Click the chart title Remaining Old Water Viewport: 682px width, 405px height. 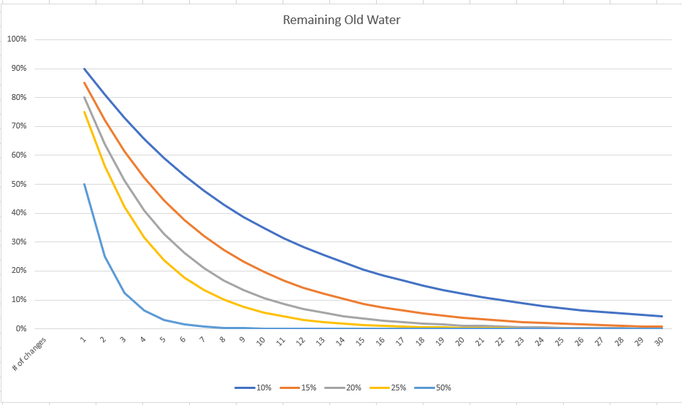[x=342, y=20]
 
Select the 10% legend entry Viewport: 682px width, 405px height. [x=253, y=387]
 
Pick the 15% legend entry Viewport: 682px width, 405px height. [x=298, y=387]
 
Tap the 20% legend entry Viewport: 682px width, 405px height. [x=342, y=387]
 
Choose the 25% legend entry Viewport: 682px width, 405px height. [x=388, y=387]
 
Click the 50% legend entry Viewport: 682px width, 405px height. [x=433, y=387]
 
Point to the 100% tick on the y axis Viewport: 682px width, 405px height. [x=17, y=39]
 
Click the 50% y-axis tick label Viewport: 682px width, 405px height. [x=19, y=184]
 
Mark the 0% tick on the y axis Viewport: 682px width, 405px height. [x=21, y=329]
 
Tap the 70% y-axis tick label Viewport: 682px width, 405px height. [x=19, y=126]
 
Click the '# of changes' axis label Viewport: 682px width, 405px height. [x=28, y=354]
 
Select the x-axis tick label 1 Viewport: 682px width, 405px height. [x=83, y=339]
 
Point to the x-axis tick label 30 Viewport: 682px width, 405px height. [x=659, y=341]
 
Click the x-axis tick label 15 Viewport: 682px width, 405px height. [x=360, y=341]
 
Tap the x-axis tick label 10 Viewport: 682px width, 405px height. [x=261, y=341]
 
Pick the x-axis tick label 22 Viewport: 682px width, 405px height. [x=499, y=341]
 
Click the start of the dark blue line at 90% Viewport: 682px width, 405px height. [x=84, y=69]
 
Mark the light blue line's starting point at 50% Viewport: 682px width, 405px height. [x=84, y=184]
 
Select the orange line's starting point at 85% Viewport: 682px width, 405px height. [x=84, y=83]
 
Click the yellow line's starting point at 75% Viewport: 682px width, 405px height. [x=84, y=112]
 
